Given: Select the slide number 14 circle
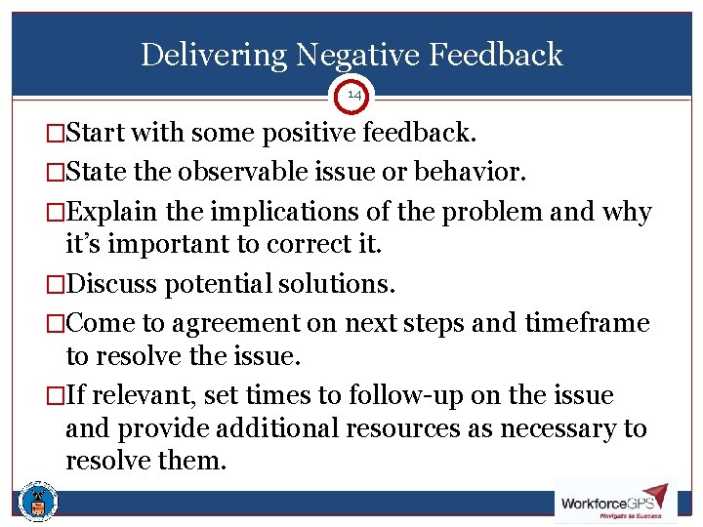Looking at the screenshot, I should point(351,95).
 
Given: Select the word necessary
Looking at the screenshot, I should point(552,427).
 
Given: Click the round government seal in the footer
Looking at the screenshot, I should point(39,502).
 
